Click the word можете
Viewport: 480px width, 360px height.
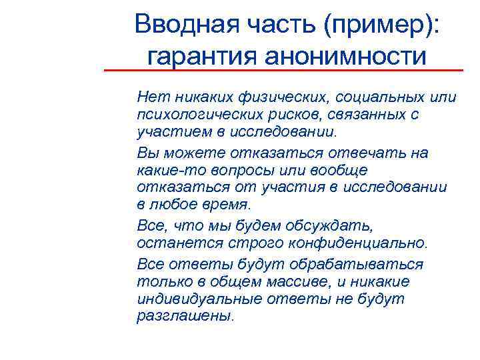[190, 153]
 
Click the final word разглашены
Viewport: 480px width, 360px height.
[185, 315]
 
